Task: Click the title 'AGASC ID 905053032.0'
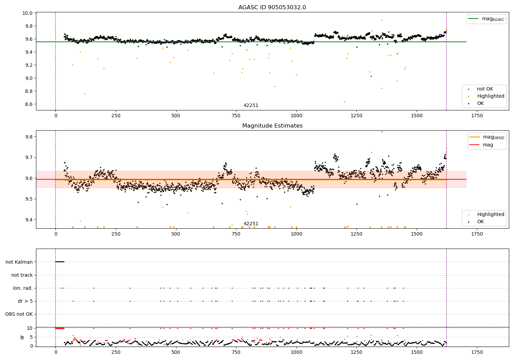[272, 8]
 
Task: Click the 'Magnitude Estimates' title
[272, 126]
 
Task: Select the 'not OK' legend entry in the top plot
[485, 89]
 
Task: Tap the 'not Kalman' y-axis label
[19, 262]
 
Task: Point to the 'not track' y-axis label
[22, 275]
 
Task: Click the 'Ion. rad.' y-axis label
[23, 288]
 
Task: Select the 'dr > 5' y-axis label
[25, 301]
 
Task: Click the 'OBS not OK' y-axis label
[19, 314]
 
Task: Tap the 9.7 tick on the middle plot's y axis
[29, 157]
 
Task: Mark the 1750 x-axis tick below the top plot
[477, 116]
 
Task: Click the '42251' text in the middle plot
[251, 224]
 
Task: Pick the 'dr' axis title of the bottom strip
[22, 337]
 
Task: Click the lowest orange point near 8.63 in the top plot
[344, 102]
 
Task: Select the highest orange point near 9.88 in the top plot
[382, 20]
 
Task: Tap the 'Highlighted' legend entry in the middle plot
[490, 214]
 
